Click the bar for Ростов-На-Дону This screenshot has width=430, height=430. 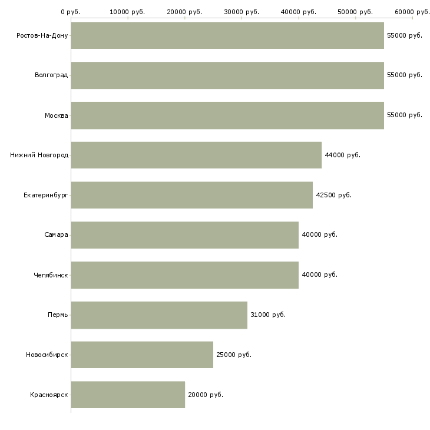click(x=227, y=35)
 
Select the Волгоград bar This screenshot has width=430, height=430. click(x=227, y=75)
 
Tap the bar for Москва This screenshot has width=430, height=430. click(x=227, y=115)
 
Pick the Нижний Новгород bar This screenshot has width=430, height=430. click(x=196, y=156)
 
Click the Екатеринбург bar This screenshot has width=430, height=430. click(x=192, y=195)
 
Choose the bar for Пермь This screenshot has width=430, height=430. click(x=159, y=315)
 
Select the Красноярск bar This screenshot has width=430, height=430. click(x=128, y=395)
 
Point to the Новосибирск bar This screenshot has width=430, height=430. click(x=142, y=355)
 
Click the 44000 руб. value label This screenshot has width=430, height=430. click(x=342, y=156)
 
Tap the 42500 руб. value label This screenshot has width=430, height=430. click(x=334, y=195)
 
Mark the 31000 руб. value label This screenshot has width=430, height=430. click(x=268, y=315)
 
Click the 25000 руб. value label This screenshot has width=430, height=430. click(x=234, y=355)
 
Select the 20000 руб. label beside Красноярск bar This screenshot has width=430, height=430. click(x=206, y=395)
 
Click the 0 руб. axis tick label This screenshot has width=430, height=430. click(x=71, y=12)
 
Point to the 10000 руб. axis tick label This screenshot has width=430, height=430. click(x=127, y=12)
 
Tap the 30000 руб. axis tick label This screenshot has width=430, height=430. click(x=242, y=12)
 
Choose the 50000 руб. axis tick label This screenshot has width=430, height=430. click(x=355, y=12)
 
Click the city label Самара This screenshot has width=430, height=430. click(x=56, y=235)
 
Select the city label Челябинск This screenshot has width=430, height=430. click(x=51, y=275)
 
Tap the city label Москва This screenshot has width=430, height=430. click(x=56, y=115)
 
